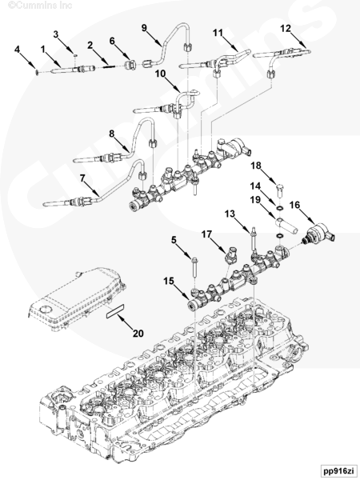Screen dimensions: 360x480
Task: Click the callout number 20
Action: [138, 333]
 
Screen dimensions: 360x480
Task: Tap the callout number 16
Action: [294, 205]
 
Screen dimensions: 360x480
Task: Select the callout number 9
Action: [144, 28]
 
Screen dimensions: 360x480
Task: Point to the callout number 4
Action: [17, 50]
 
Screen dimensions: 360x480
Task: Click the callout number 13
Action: [230, 214]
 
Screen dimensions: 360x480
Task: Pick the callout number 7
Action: [82, 178]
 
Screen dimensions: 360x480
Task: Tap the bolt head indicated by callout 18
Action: [280, 190]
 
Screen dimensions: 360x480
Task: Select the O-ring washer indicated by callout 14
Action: [279, 209]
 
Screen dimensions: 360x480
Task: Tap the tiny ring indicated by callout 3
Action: [75, 56]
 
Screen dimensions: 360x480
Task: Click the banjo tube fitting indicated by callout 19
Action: [286, 226]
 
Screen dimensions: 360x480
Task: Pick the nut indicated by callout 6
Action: [130, 65]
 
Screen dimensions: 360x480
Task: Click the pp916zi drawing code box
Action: [338, 470]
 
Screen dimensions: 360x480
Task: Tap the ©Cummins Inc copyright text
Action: [40, 6]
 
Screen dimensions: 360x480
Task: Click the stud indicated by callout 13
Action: [253, 238]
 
